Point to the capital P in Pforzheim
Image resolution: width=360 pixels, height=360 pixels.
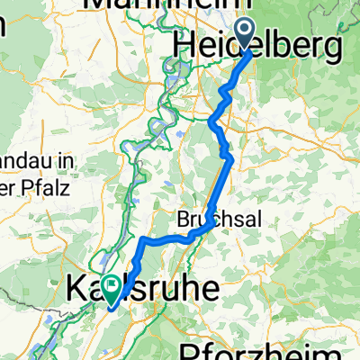191,349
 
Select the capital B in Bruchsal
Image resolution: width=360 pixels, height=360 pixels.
182,220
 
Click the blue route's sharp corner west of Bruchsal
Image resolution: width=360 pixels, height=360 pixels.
143,238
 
